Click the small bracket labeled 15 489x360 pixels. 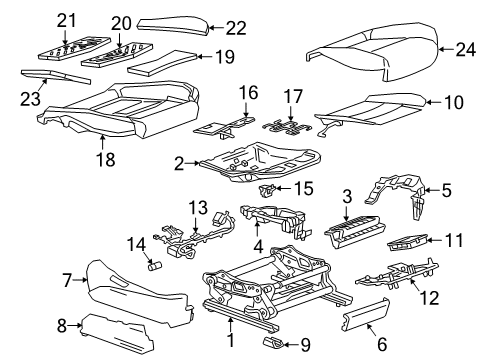(x=269, y=188)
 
